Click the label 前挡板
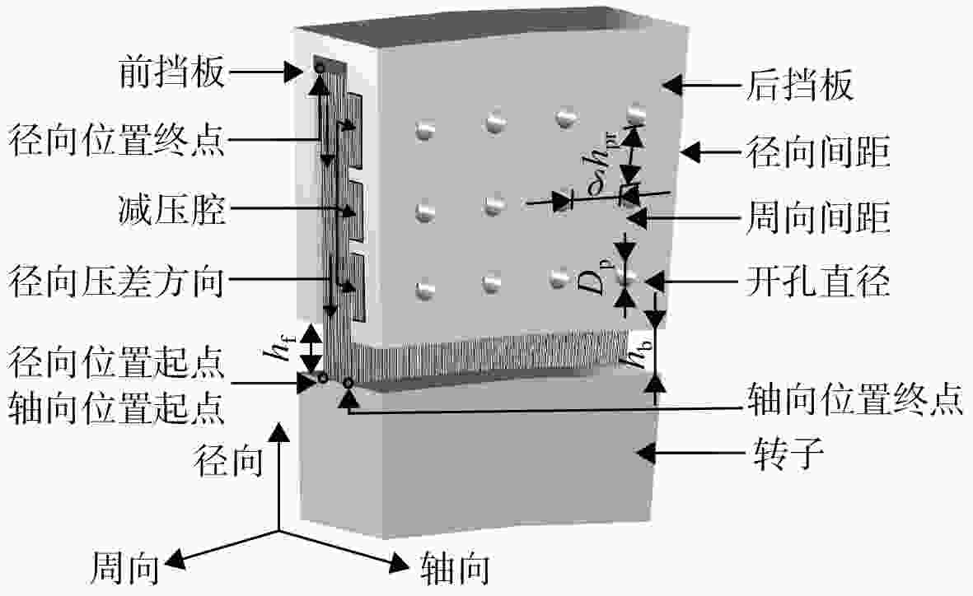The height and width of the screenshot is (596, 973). [x=171, y=72]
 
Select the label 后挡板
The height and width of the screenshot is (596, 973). [x=799, y=85]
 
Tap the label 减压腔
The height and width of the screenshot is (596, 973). [x=171, y=209]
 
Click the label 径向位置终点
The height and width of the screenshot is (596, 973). [x=117, y=140]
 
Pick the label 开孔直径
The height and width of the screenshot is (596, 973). [x=818, y=281]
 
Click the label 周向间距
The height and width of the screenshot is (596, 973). [x=818, y=217]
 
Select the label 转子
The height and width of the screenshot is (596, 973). [x=789, y=454]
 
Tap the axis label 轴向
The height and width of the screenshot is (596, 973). [x=455, y=567]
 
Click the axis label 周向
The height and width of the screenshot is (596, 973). [x=125, y=567]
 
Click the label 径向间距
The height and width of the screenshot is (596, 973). [x=818, y=151]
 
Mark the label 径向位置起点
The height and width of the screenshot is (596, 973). [x=117, y=362]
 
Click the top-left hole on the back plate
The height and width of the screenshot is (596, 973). [x=424, y=129]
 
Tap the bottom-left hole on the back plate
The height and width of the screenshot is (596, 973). [x=425, y=289]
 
